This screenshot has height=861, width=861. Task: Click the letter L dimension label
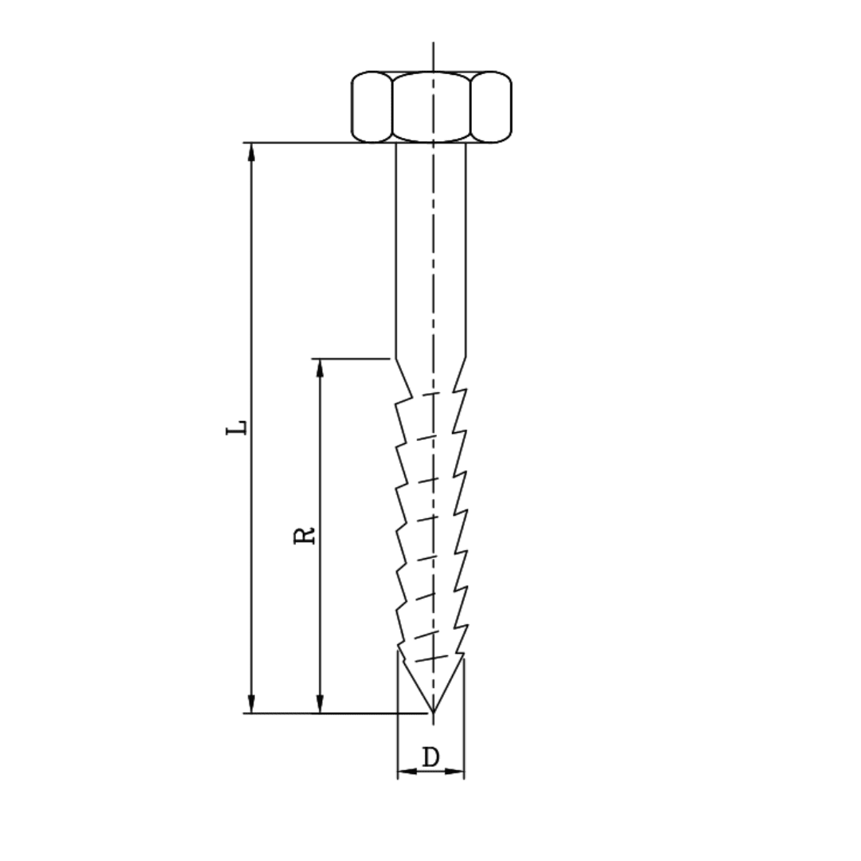click(x=237, y=427)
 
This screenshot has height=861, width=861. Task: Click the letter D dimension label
click(x=431, y=757)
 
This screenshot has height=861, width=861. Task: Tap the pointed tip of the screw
click(x=432, y=710)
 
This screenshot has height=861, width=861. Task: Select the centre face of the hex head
click(x=431, y=107)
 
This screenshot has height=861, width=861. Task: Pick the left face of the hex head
click(x=372, y=107)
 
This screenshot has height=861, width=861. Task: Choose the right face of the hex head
click(x=490, y=107)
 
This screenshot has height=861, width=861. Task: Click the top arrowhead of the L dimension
click(x=252, y=151)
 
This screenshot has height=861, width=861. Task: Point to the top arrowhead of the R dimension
click(x=320, y=368)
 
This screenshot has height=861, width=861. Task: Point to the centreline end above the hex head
click(x=433, y=46)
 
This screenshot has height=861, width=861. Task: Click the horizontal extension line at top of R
click(x=351, y=359)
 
